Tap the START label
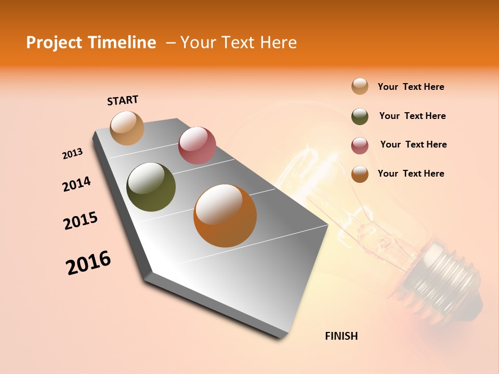tap(123, 100)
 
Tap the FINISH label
tap(342, 336)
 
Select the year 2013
tap(73, 154)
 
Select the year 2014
tap(77, 184)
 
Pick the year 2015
tap(81, 221)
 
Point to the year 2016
tap(88, 263)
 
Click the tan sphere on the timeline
tap(127, 128)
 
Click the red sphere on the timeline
tap(197, 145)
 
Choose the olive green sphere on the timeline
tap(151, 187)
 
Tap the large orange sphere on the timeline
tap(225, 216)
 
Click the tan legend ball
tap(360, 87)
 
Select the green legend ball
tap(360, 116)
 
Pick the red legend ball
tap(360, 145)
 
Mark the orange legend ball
tap(360, 174)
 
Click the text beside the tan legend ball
tap(411, 87)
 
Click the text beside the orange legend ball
tap(411, 173)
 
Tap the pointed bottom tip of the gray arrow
tap(281, 338)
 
